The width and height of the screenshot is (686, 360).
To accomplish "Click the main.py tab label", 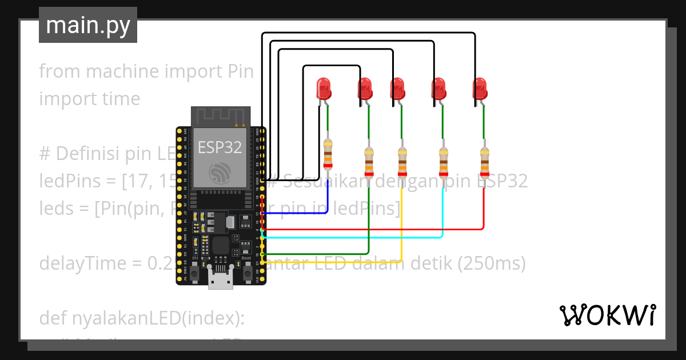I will click(87, 26).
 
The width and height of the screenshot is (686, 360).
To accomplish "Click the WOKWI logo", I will click(607, 315).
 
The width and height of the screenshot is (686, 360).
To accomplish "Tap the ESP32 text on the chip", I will click(220, 147).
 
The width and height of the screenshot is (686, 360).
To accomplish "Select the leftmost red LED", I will click(324, 89).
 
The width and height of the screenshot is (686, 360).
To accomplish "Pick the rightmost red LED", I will click(480, 89).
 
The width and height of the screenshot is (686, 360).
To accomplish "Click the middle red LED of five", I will click(398, 89).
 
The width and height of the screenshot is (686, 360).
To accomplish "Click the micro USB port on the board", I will click(220, 282).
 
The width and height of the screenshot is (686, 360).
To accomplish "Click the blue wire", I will click(297, 213).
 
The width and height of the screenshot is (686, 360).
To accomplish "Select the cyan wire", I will click(354, 237).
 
